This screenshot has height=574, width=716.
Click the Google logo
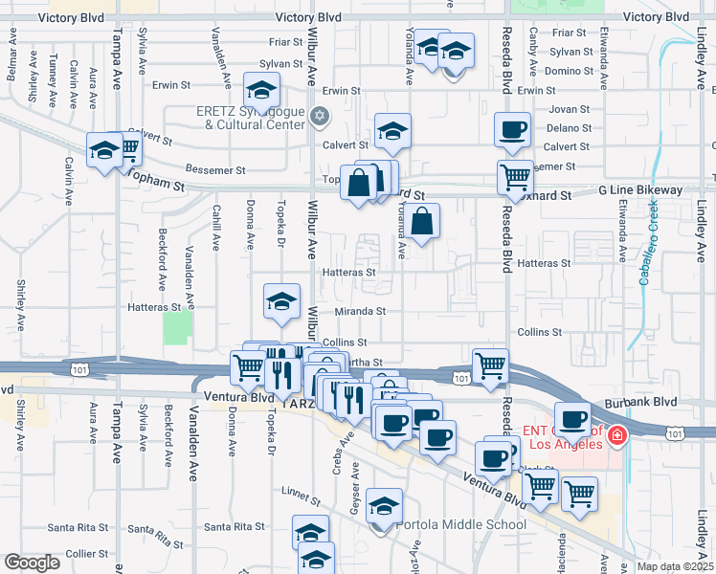[x=32, y=563]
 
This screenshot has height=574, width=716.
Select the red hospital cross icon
[x=617, y=437]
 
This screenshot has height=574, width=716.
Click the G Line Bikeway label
[x=640, y=190]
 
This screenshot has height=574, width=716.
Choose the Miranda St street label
[x=360, y=311]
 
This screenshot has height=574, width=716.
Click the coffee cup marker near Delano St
[x=512, y=128]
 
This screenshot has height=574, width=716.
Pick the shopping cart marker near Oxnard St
[x=515, y=176]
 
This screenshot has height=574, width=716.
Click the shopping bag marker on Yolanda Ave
[x=421, y=222]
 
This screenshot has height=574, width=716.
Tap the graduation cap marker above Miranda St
[x=281, y=301]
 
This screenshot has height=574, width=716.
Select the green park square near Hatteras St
[x=177, y=327]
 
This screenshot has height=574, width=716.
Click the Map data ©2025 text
[x=674, y=566]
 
